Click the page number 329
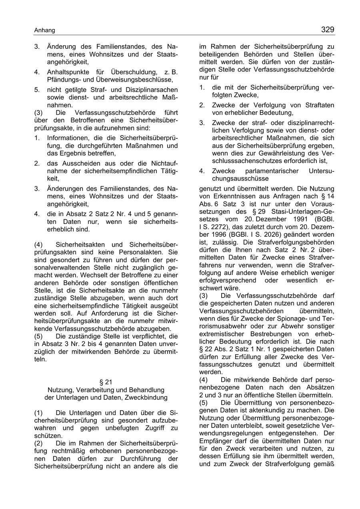(327, 30)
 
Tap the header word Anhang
(44, 30)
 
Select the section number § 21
(106, 382)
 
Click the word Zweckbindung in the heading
(148, 397)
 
